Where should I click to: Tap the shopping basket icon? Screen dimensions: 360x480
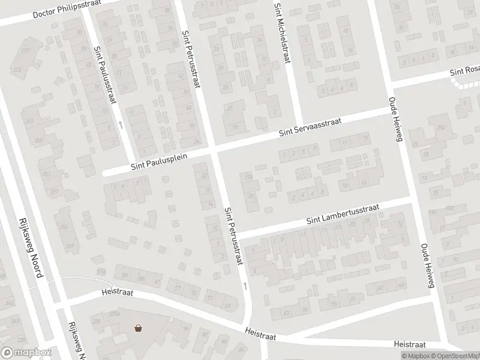pos(139,328)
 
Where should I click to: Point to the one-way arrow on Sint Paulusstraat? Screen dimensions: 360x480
pos(121,125)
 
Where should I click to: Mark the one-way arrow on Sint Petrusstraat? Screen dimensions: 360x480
pos(244,284)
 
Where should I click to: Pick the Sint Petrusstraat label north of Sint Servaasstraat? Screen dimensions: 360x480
pos(191,58)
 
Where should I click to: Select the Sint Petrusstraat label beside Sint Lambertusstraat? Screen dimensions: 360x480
pos(234,236)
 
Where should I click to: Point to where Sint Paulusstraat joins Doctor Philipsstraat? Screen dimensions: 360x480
pos(85,12)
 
